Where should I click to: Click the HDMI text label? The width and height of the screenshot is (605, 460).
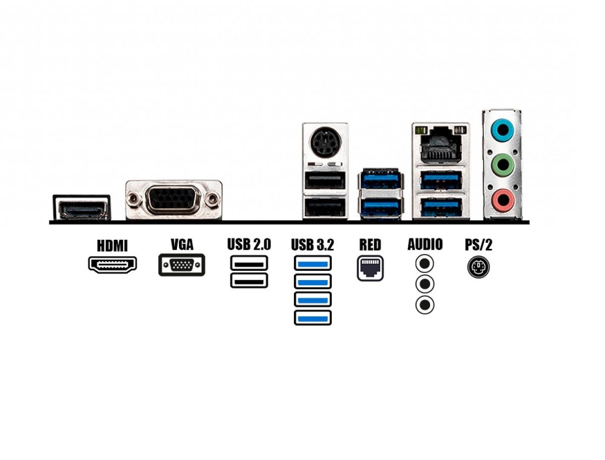click(x=112, y=246)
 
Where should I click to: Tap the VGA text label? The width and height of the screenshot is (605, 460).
click(x=181, y=244)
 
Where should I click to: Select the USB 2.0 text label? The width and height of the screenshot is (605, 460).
click(x=249, y=244)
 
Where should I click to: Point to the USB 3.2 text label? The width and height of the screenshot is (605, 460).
click(x=312, y=245)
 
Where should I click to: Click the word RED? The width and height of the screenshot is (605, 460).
click(x=370, y=245)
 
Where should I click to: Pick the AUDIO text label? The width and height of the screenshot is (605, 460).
click(x=425, y=244)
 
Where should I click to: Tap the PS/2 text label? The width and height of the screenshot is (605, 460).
click(x=478, y=245)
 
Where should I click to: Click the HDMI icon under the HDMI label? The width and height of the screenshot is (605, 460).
click(x=113, y=264)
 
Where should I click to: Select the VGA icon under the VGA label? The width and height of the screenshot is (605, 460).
click(x=181, y=265)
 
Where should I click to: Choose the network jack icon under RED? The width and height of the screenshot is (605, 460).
click(x=370, y=268)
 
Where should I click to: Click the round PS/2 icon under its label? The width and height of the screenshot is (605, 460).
click(x=478, y=267)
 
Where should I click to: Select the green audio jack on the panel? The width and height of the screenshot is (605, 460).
click(x=502, y=165)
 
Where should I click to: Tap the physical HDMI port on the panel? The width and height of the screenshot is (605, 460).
click(x=81, y=209)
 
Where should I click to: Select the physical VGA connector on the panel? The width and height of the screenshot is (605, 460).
click(x=174, y=199)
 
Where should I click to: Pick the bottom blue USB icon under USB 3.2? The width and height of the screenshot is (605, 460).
click(x=312, y=318)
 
